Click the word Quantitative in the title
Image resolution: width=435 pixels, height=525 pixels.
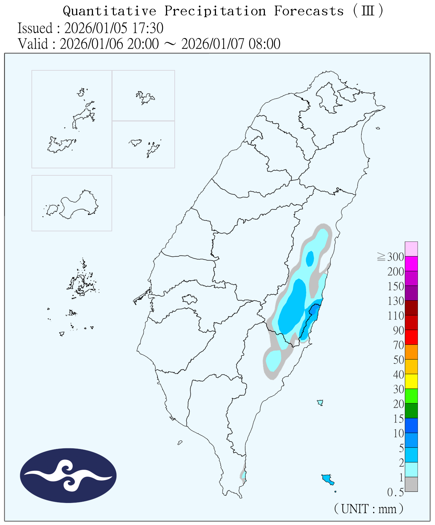[109, 11]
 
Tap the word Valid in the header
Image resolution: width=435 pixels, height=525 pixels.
[33, 44]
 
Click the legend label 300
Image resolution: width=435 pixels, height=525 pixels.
[396, 257]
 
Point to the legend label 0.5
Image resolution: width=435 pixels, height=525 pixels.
[396, 492]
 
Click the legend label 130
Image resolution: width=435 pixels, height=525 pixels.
[396, 301]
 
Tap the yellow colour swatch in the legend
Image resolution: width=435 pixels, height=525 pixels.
[411, 381]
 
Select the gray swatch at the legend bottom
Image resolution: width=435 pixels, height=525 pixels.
[411, 484]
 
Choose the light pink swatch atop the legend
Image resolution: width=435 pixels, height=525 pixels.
[411, 249]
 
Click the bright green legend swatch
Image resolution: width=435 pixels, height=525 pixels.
[411, 396]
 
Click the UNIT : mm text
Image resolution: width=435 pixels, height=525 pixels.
[369, 509]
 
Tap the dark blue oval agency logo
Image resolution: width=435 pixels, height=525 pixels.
[68, 475]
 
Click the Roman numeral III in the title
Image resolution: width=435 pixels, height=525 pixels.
[368, 11]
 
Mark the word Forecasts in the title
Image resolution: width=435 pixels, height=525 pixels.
[309, 11]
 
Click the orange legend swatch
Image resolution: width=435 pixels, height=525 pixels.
[411, 352]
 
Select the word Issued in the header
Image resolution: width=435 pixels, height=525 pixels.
[35, 28]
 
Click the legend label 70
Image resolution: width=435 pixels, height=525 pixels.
[398, 345]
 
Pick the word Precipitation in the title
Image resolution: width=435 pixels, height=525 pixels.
[215, 11]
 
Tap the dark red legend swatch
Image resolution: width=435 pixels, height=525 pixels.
[411, 308]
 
